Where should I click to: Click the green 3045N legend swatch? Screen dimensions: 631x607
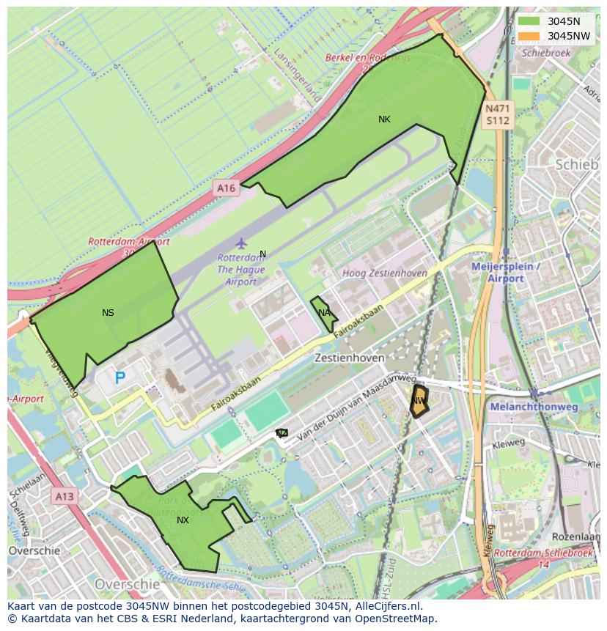(x=529, y=21)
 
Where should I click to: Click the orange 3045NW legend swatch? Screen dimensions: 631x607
(x=529, y=36)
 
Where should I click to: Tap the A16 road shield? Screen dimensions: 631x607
(x=226, y=188)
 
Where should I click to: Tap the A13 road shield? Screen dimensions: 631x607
(x=65, y=497)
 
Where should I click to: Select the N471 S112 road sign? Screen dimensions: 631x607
(x=497, y=115)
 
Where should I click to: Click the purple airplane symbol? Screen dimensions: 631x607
(x=241, y=243)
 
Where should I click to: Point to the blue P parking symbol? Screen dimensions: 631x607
(x=119, y=378)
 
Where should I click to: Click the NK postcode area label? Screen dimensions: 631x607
(x=384, y=119)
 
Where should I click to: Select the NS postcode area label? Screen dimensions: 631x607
(x=108, y=313)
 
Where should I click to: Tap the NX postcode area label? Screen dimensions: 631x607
(x=183, y=520)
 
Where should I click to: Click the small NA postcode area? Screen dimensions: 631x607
(x=323, y=313)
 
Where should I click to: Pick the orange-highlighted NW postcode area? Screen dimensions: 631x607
(x=419, y=401)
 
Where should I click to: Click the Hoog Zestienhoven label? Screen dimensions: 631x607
(x=385, y=273)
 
